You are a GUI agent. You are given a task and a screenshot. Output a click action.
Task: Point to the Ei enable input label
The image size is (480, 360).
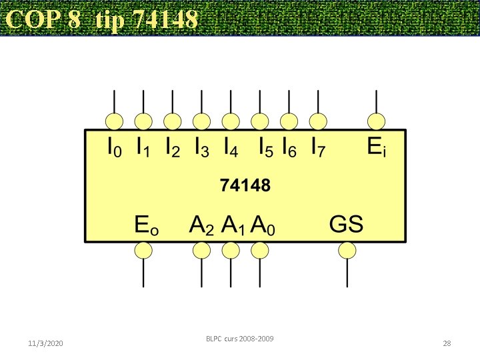(x=377, y=147)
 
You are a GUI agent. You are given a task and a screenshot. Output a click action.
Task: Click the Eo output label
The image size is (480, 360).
(x=146, y=225)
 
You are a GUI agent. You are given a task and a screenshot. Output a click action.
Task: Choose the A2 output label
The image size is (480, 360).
(x=201, y=225)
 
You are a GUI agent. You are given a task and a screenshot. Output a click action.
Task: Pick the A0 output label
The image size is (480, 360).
(x=263, y=225)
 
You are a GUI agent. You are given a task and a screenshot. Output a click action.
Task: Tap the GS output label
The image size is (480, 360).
(x=347, y=224)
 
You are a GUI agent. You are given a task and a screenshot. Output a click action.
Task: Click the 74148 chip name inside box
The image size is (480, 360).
(x=245, y=186)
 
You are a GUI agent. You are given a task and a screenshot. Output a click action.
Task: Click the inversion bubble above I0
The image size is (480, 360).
(x=115, y=121)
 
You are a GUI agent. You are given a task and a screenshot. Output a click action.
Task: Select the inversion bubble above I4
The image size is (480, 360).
(x=231, y=121)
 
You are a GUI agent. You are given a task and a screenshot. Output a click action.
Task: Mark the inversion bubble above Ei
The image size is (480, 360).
(x=377, y=121)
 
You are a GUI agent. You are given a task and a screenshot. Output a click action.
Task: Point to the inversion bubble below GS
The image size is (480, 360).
(x=347, y=250)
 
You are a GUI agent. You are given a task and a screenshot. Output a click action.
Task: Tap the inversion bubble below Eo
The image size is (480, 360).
(x=143, y=250)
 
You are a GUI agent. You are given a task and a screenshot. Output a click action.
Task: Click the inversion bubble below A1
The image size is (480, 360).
(x=231, y=250)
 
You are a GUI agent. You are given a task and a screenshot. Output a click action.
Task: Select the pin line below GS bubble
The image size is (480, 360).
(x=347, y=273)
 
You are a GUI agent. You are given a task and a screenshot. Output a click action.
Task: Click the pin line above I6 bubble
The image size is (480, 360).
(x=289, y=101)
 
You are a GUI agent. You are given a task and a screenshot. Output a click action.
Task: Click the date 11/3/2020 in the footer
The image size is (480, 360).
(x=46, y=343)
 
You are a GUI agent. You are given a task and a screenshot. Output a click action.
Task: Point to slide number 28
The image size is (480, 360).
(x=447, y=343)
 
